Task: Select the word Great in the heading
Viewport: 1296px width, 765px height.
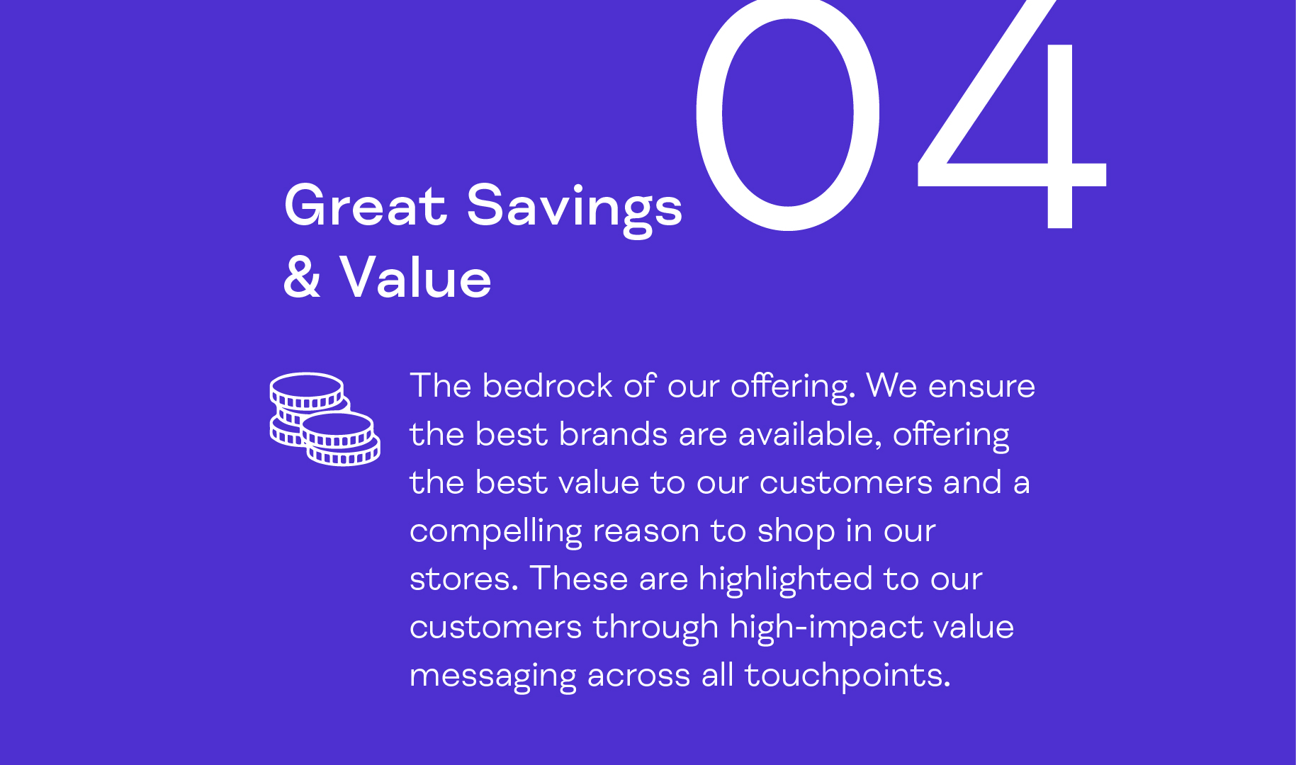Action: click(365, 206)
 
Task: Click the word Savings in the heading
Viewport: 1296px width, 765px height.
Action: click(574, 209)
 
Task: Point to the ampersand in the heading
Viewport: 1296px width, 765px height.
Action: click(303, 278)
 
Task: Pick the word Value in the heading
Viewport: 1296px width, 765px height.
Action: click(415, 278)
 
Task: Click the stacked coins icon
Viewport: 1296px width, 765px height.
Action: click(325, 419)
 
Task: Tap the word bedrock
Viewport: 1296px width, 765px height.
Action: click(547, 386)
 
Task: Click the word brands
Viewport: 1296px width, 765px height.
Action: click(613, 434)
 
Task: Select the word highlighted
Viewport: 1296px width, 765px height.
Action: click(785, 580)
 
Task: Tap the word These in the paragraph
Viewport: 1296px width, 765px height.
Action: click(579, 579)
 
